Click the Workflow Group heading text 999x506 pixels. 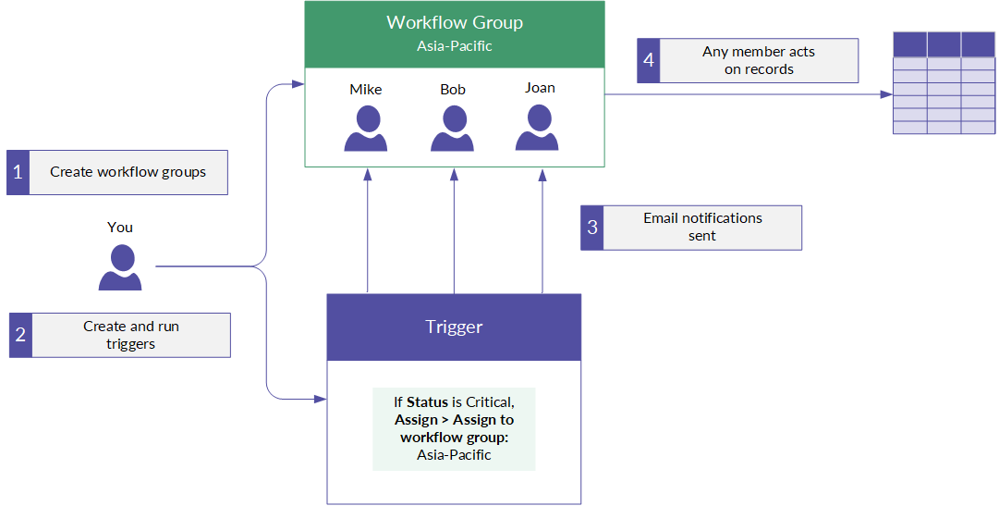(455, 23)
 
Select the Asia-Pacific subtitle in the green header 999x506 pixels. (455, 46)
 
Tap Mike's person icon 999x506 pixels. (366, 129)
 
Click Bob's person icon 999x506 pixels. (452, 129)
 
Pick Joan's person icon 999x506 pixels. (537, 128)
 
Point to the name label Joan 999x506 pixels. (540, 88)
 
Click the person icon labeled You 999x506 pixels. (120, 267)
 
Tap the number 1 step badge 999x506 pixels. (18, 172)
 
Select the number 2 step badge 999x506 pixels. (20, 335)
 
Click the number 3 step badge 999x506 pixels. (591, 228)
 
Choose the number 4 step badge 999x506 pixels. (649, 61)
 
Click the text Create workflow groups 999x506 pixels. (128, 172)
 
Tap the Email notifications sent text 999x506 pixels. (702, 227)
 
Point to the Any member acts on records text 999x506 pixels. (759, 60)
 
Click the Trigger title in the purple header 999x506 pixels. (455, 327)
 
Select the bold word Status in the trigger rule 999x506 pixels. (428, 402)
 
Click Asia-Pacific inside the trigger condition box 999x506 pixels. (455, 455)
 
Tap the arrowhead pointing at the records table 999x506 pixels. (886, 94)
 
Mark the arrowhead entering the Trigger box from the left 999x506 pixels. (321, 400)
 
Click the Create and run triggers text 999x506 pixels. (130, 335)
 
